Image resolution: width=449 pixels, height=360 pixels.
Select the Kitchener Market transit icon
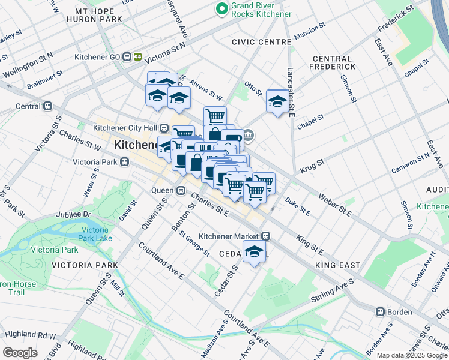[x=265, y=236]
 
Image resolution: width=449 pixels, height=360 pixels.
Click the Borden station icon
[x=380, y=312]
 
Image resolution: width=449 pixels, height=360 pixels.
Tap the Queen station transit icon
[x=181, y=190]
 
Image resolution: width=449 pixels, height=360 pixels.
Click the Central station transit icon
[x=48, y=106]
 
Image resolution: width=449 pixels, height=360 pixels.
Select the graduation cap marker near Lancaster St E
[x=277, y=101]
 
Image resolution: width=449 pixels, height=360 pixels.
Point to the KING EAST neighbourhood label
[x=338, y=265]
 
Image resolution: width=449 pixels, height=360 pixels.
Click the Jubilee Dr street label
[x=74, y=214]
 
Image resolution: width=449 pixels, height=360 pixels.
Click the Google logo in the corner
[x=20, y=353]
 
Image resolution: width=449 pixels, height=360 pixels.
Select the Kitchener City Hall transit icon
[x=164, y=128]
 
